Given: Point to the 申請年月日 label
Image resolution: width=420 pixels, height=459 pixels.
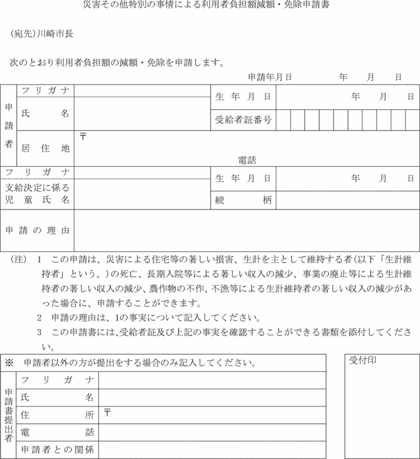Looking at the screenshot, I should pyautogui.click(x=270, y=77).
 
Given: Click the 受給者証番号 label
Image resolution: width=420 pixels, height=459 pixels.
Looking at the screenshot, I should pyautogui.click(x=243, y=119).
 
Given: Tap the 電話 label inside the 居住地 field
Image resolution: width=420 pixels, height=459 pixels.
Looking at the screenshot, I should pyautogui.click(x=247, y=160).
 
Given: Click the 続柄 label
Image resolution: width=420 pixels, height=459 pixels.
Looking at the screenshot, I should pyautogui.click(x=243, y=201).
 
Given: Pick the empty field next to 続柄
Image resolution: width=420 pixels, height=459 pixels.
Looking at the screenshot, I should pyautogui.click(x=347, y=201).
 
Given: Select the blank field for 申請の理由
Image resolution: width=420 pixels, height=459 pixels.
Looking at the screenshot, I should pyautogui.click(x=247, y=230).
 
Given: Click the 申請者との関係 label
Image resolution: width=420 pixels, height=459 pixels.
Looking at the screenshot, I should pyautogui.click(x=57, y=450).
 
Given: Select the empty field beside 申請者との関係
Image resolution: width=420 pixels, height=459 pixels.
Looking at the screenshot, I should pyautogui.click(x=212, y=450).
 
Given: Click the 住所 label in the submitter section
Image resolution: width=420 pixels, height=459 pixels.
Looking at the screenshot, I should pyautogui.click(x=57, y=414).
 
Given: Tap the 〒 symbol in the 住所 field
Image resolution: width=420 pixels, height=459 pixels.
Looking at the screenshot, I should pyautogui.click(x=107, y=412).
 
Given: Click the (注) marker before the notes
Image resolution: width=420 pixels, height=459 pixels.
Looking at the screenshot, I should pyautogui.click(x=19, y=259).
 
